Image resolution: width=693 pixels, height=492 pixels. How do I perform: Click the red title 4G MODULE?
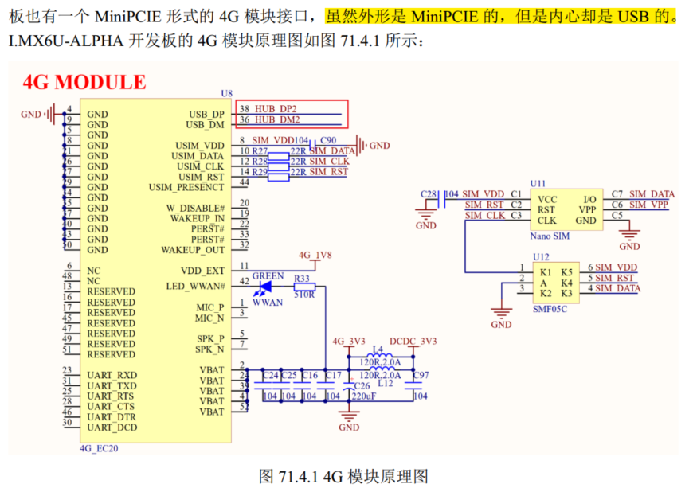click(84, 82)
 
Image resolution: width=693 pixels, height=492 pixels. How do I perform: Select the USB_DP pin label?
click(206, 115)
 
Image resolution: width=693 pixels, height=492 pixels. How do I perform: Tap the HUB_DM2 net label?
click(277, 120)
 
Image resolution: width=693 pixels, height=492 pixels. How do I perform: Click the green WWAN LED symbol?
click(264, 287)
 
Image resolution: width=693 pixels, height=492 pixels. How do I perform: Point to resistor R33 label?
click(301, 278)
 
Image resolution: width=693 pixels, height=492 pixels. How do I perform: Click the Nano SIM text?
click(550, 236)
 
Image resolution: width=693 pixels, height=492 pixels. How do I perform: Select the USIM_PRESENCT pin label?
click(186, 187)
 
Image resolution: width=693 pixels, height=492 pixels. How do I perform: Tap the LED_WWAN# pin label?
click(195, 286)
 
